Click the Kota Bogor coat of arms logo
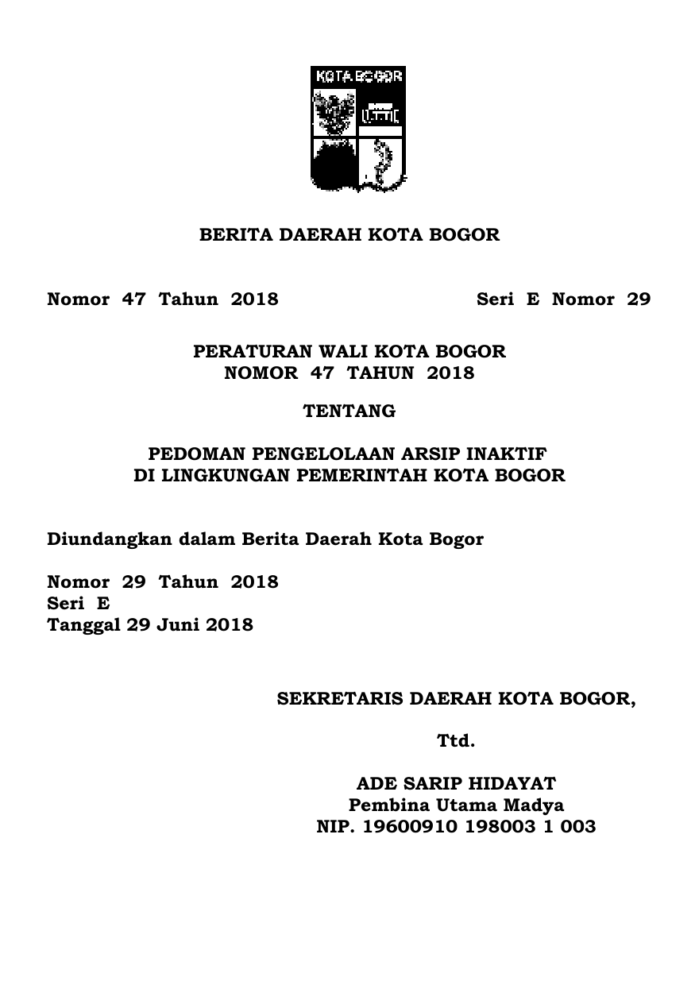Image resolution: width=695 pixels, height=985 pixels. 357,129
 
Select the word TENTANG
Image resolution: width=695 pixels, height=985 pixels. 349,411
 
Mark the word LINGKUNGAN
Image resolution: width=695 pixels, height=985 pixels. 210,477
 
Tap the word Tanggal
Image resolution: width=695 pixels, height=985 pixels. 83,625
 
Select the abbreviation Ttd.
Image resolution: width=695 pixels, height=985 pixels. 456,742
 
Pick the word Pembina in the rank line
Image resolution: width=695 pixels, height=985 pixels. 384,805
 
